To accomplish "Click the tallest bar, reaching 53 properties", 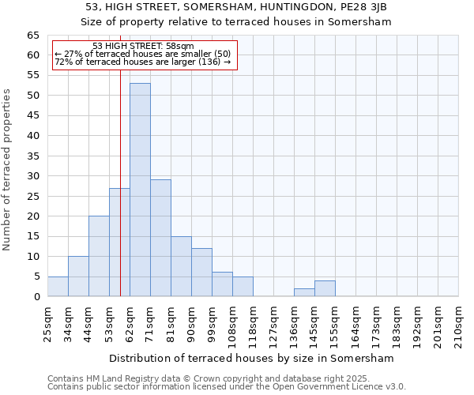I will [x=140, y=190].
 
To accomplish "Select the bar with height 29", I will [x=160, y=238].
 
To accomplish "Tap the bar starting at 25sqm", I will [x=58, y=287].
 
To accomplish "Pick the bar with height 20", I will [x=99, y=256].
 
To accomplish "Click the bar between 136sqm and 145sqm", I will [x=304, y=292].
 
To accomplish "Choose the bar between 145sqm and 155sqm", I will [x=325, y=288].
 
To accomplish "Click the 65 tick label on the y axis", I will [x=32, y=36].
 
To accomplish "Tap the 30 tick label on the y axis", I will [x=32, y=176].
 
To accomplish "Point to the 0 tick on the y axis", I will [x=36, y=297].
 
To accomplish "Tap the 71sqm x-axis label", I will [x=151, y=322].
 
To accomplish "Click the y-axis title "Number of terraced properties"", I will [x=7, y=170].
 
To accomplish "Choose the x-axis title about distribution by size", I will [x=251, y=358].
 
